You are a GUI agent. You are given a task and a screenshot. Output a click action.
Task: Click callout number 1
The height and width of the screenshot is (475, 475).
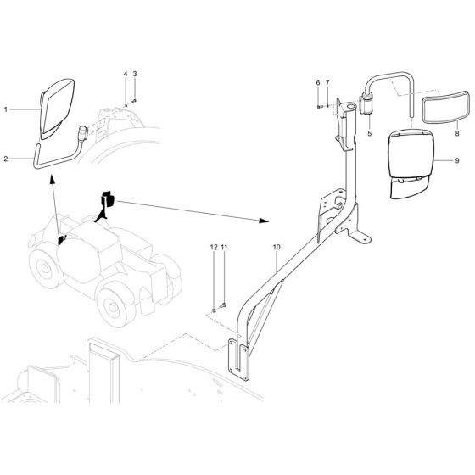[x=5, y=109]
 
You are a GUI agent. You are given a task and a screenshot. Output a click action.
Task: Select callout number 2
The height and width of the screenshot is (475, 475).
[x=5, y=159]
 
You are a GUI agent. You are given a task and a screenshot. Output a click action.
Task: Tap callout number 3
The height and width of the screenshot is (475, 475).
[x=134, y=75]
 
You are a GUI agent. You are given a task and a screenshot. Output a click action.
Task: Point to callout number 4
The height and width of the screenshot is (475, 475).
[x=125, y=75]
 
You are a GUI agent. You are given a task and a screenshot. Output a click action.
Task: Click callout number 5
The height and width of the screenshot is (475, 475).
[x=369, y=134]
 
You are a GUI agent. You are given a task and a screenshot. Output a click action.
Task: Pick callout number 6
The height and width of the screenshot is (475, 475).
[x=318, y=82]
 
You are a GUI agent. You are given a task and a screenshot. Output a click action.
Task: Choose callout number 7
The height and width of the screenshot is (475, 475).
[x=327, y=82]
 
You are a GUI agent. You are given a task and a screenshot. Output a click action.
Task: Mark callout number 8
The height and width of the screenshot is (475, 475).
[x=455, y=133]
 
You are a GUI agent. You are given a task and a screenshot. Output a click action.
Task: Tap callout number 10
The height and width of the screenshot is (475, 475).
[x=276, y=248]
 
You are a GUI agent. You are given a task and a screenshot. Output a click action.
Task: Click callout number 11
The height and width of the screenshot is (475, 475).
[x=224, y=248]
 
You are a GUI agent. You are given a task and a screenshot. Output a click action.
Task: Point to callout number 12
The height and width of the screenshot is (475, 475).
[x=214, y=248]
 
